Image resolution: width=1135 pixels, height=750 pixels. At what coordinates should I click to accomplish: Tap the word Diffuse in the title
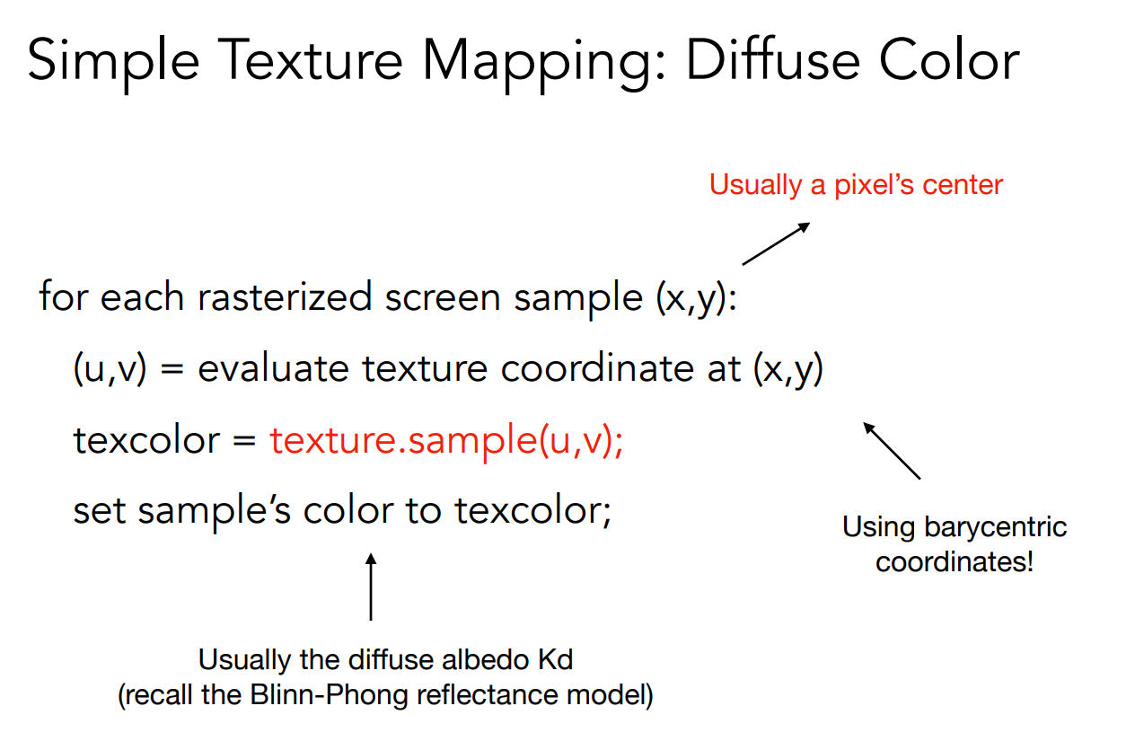[773, 59]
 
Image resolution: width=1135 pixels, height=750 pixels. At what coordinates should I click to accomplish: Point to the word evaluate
[273, 368]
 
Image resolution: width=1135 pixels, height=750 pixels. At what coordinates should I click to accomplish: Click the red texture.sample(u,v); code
[446, 441]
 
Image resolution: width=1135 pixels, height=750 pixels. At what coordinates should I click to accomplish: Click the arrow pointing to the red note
[776, 243]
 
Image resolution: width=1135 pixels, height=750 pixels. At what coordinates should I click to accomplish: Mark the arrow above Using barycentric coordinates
[892, 451]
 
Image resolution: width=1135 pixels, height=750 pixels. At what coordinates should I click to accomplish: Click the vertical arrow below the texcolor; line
[371, 587]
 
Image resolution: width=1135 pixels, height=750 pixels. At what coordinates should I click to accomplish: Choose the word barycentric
[995, 527]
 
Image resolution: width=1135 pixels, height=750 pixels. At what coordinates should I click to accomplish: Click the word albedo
[485, 660]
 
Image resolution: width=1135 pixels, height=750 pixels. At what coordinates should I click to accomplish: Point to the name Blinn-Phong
[329, 695]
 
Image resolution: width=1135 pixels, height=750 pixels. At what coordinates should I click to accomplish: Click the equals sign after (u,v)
[172, 369]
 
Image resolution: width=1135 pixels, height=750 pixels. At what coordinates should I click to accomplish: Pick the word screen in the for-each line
[443, 298]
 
